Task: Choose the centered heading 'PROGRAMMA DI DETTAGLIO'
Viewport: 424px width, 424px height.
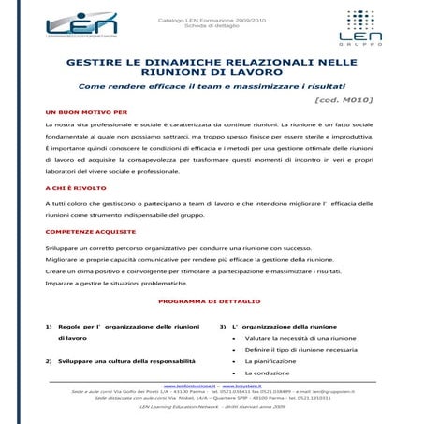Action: tap(212, 302)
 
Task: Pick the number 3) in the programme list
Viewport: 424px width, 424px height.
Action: tap(223, 326)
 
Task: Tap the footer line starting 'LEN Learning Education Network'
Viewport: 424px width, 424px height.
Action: tap(212, 407)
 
